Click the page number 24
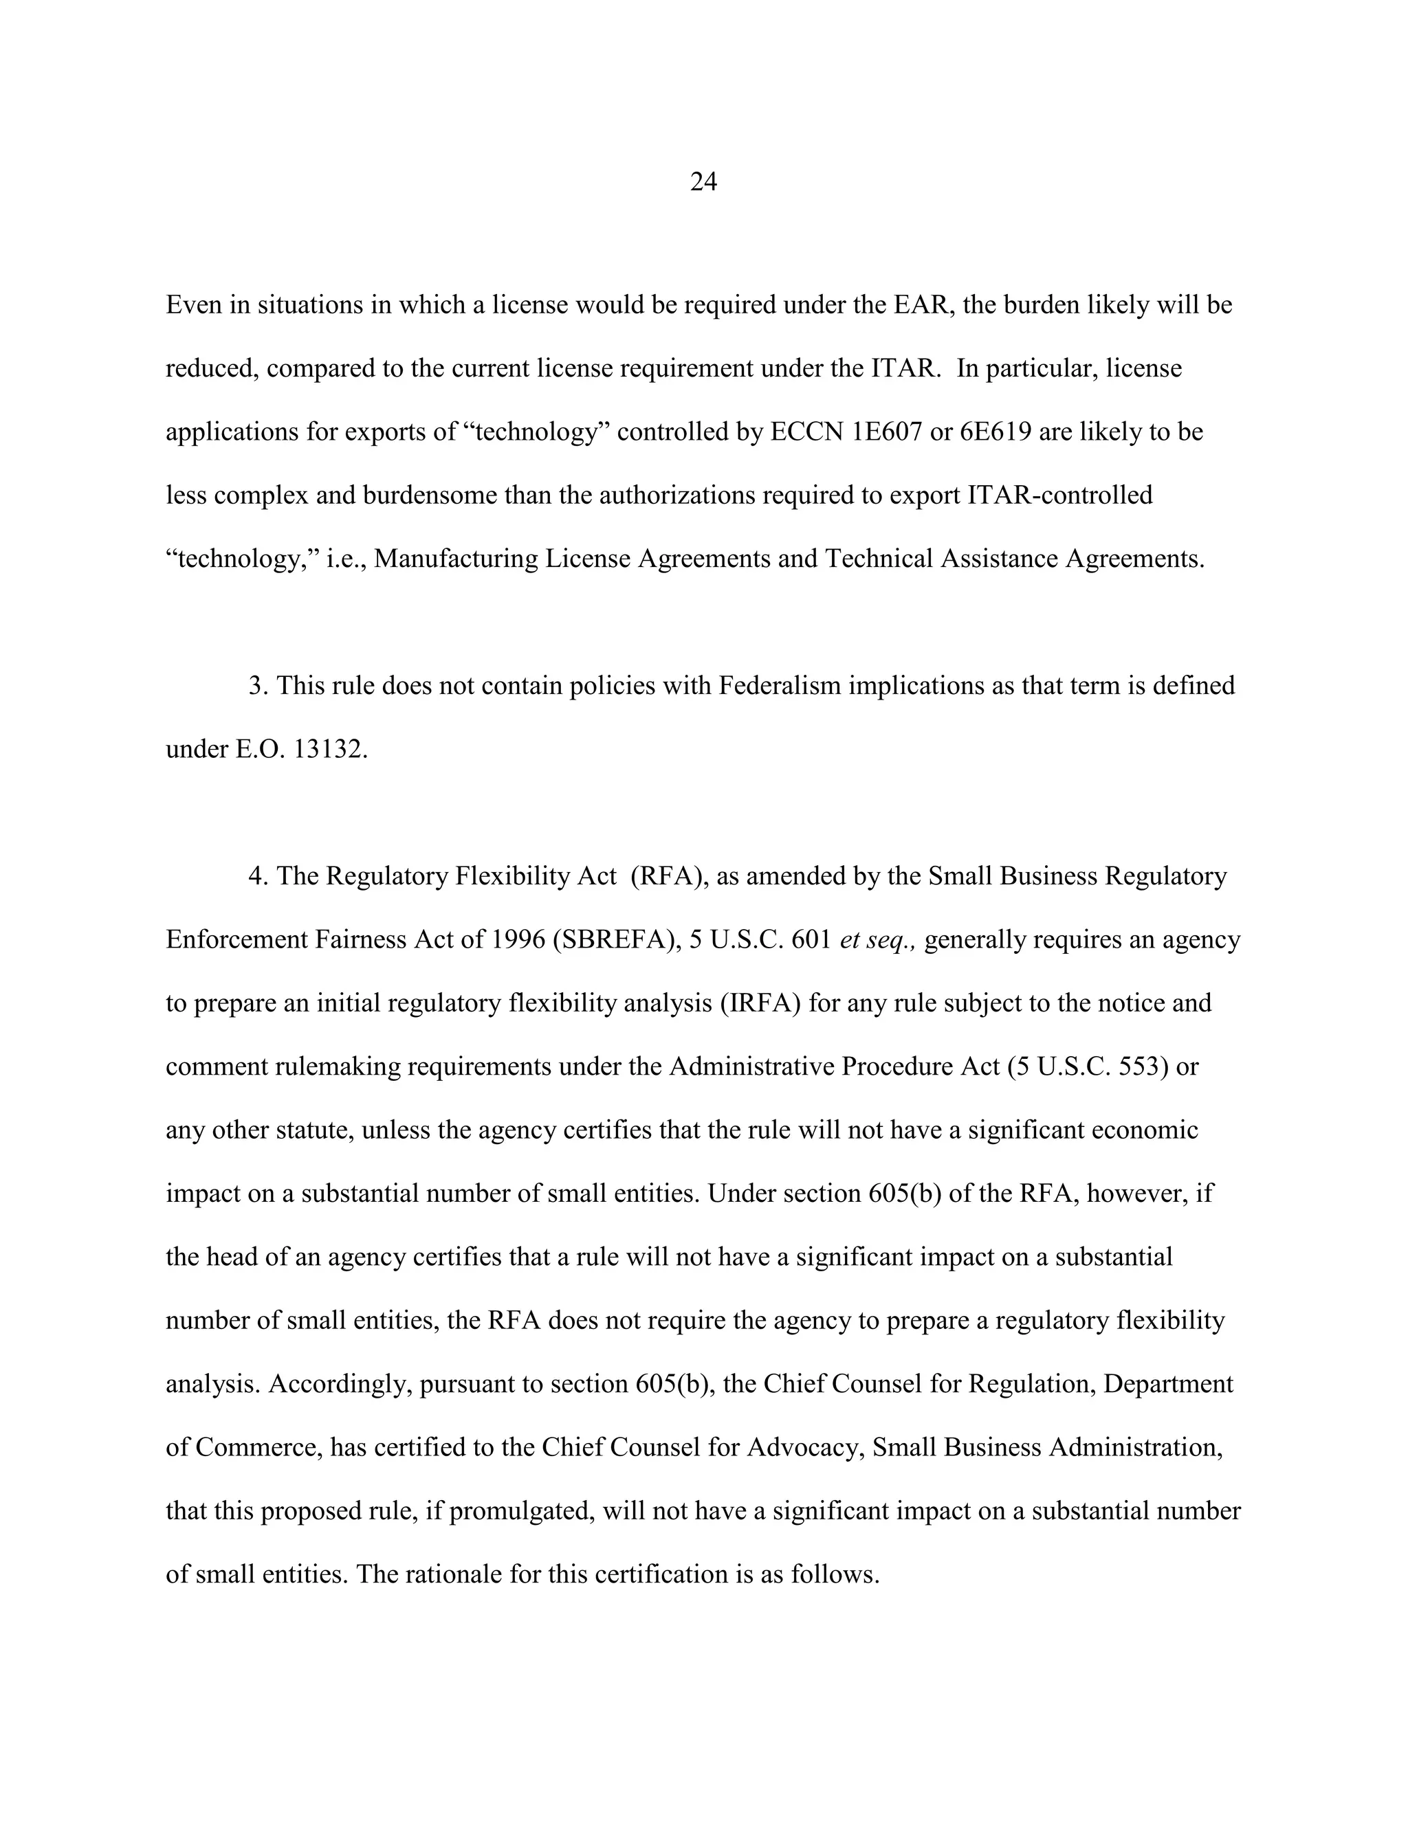(x=703, y=182)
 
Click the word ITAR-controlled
(x=1059, y=495)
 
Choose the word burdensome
(x=429, y=495)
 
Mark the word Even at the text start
(x=192, y=305)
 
